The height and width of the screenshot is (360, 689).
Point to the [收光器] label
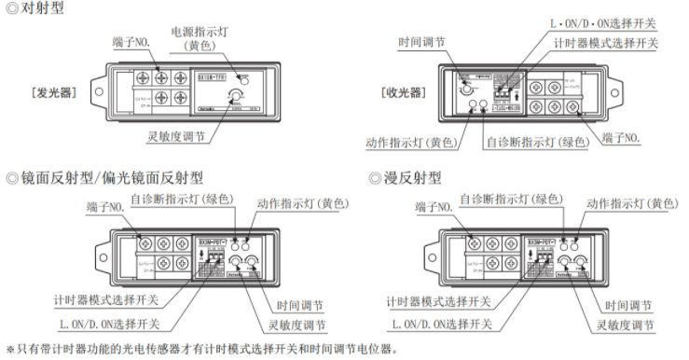[405, 93]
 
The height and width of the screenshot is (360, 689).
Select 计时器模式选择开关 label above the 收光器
[605, 44]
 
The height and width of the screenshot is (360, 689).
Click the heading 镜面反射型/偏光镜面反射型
[110, 176]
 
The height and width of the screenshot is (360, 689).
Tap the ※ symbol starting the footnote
[10, 349]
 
